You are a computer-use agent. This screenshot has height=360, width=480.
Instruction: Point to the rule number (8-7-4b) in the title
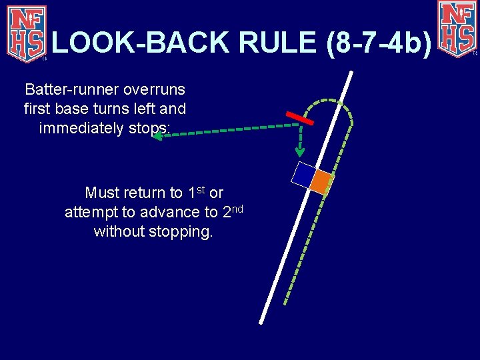click(379, 43)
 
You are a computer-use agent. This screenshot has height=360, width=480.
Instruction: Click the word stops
click(152, 127)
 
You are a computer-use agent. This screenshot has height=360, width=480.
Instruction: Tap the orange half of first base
click(321, 181)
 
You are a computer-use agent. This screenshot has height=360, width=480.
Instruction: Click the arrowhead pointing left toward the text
click(157, 136)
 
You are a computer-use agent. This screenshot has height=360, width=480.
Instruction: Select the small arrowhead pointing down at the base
click(301, 150)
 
